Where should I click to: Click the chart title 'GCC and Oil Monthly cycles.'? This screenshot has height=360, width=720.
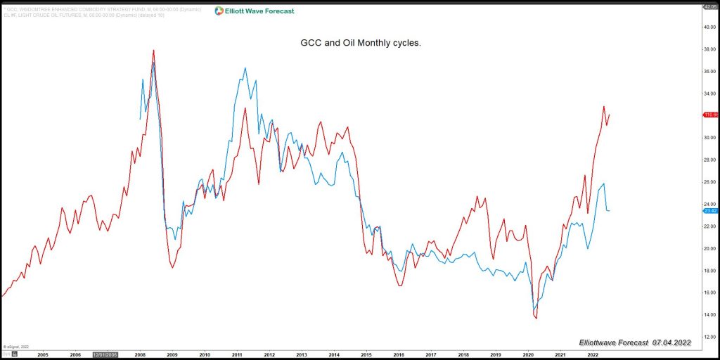click(x=360, y=43)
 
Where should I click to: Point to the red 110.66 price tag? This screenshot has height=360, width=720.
click(x=709, y=114)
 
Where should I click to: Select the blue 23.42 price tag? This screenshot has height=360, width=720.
click(x=709, y=210)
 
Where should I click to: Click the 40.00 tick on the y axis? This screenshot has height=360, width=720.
click(x=709, y=27)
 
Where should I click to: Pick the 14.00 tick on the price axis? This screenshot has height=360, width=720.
click(x=709, y=315)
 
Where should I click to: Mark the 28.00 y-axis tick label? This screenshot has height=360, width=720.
click(x=709, y=160)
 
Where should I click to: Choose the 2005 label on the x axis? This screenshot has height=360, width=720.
click(x=43, y=355)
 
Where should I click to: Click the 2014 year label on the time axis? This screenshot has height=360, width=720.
click(x=333, y=355)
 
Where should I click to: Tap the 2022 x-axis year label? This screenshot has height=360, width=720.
click(x=592, y=355)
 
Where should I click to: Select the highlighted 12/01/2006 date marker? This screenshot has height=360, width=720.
click(x=106, y=355)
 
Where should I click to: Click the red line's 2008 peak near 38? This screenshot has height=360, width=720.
click(x=153, y=50)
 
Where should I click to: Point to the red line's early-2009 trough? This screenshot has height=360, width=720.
click(x=172, y=267)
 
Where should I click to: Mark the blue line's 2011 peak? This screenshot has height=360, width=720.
click(x=245, y=68)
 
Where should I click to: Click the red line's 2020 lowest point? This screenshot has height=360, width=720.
click(x=536, y=319)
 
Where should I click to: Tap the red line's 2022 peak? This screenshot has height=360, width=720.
click(x=603, y=107)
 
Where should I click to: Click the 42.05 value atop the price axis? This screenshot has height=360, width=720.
click(x=709, y=6)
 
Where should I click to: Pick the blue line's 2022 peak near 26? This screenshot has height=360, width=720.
click(x=604, y=184)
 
